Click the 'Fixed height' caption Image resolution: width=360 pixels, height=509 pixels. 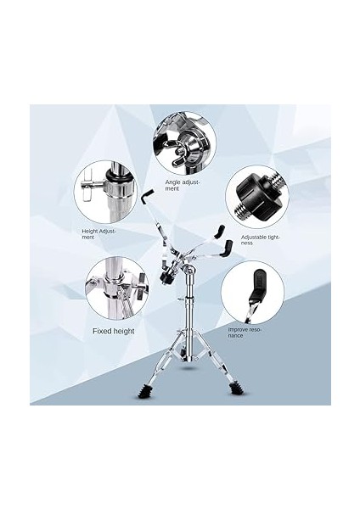pos(114,331)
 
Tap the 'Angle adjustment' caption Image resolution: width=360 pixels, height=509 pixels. pos(183,185)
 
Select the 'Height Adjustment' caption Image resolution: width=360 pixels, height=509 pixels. pos(98,234)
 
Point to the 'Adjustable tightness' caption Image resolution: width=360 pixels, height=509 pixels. pos(261,240)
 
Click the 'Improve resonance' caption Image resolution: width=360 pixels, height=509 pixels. pos(245,333)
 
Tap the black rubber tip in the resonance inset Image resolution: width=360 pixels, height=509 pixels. pos(257,282)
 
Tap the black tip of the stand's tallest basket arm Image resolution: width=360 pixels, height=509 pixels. pos(147,196)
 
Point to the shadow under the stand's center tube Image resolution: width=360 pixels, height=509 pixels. pos(189,369)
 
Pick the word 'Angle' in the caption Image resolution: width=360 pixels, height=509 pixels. pos(172,182)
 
